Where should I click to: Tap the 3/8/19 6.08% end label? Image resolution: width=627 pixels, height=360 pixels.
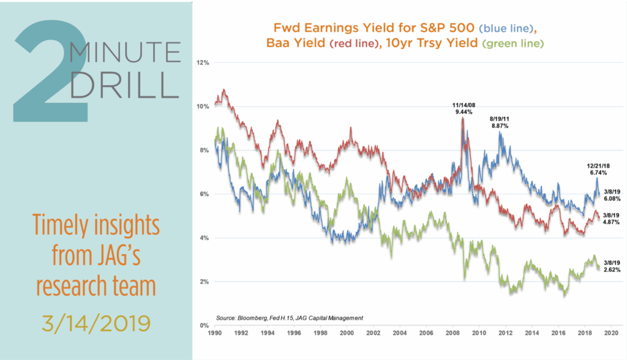(x=613, y=195)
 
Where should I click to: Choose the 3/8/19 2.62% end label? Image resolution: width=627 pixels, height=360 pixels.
(x=613, y=265)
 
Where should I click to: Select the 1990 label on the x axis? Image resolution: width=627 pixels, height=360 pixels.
(x=215, y=336)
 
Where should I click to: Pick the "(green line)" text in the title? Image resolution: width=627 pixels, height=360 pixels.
(x=512, y=44)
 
